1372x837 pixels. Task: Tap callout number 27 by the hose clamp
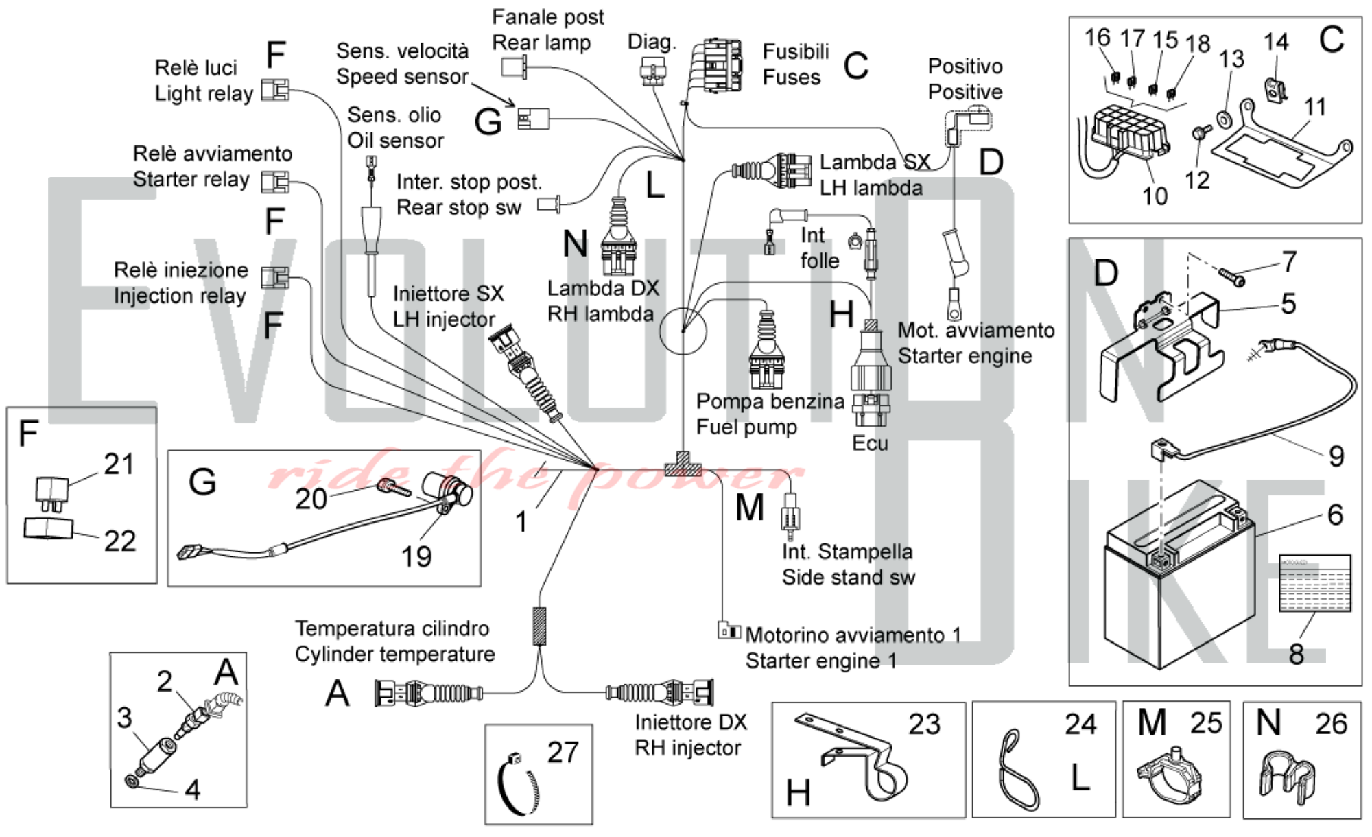[563, 753]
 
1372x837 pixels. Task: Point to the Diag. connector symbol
[652, 69]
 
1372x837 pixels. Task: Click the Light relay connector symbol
[275, 90]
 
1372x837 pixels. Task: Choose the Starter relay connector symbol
[275, 182]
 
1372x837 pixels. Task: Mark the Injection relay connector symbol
[275, 277]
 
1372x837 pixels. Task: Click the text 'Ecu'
[870, 443]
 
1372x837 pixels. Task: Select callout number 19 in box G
[416, 556]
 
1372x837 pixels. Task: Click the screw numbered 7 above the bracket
[1232, 277]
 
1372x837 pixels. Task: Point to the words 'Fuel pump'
[746, 427]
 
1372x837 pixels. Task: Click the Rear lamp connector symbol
[514, 67]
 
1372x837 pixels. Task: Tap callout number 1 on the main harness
[521, 522]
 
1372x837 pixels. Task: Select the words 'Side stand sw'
[849, 577]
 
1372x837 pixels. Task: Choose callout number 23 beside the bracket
[924, 724]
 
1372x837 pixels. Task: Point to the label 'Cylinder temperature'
[394, 654]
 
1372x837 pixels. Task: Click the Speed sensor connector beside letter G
[533, 119]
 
